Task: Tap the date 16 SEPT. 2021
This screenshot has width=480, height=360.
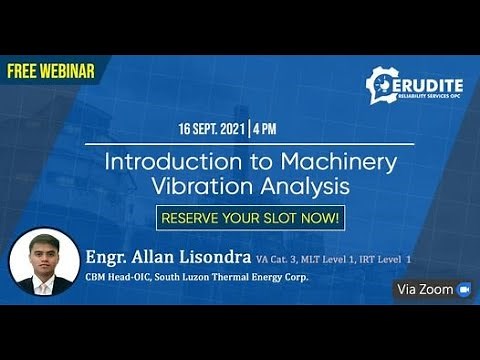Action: (x=213, y=130)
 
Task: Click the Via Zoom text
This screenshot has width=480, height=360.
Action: (x=424, y=289)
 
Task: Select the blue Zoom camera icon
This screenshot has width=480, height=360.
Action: (x=463, y=289)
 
